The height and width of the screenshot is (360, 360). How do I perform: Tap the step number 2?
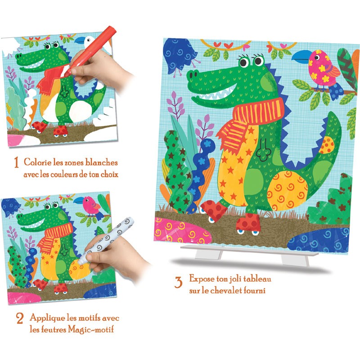(x=19, y=319)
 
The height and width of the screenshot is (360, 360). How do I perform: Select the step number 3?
(x=179, y=283)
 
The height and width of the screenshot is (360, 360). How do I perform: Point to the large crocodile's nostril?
(x=192, y=75)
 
